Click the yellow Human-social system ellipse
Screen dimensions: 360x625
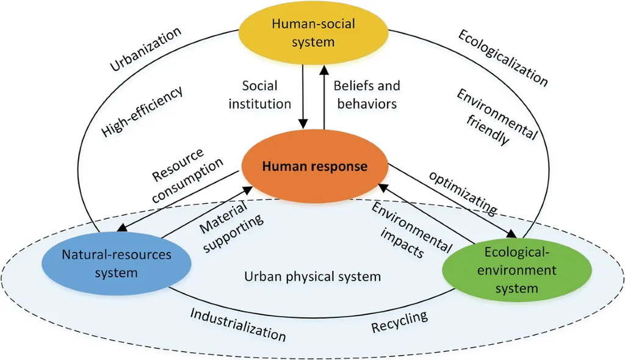tap(312, 33)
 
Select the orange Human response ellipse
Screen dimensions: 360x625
tap(314, 166)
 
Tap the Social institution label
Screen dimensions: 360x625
tap(259, 95)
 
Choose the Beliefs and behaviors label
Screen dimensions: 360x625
tap(366, 95)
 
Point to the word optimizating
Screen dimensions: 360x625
tap(462, 192)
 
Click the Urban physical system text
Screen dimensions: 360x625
tap(312, 276)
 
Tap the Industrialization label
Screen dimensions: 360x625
tap(237, 324)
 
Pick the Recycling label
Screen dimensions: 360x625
tap(399, 322)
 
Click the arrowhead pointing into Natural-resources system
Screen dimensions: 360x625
tap(121, 229)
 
